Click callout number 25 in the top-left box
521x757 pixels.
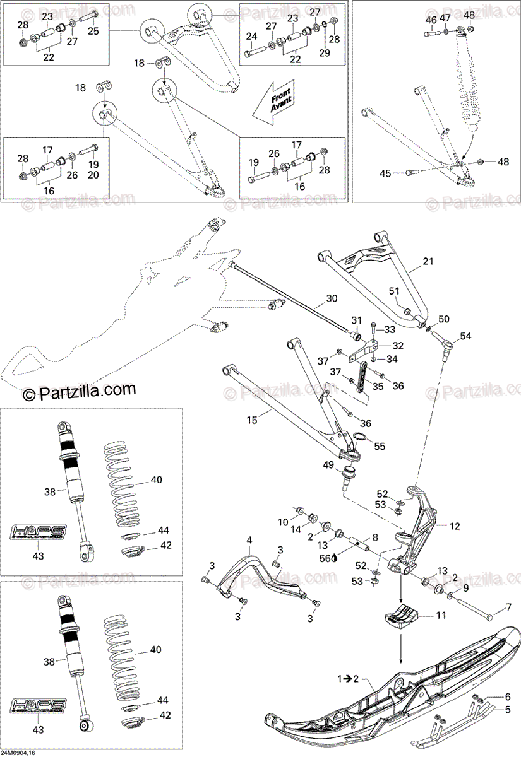pyautogui.click(x=93, y=30)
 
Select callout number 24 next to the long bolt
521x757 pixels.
pyautogui.click(x=251, y=37)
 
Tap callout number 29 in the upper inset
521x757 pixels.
pyautogui.click(x=325, y=53)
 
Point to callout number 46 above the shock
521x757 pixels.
pyautogui.click(x=431, y=20)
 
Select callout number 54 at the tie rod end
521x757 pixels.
pyautogui.click(x=465, y=336)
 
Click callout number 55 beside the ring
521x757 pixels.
pyautogui.click(x=379, y=445)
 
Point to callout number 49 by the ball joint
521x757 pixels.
pyautogui.click(x=329, y=466)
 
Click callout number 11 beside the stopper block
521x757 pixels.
pyautogui.click(x=440, y=614)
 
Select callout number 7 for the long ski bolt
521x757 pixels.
pyautogui.click(x=508, y=609)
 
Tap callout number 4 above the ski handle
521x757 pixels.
pyautogui.click(x=249, y=540)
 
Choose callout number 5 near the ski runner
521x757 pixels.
pyautogui.click(x=506, y=709)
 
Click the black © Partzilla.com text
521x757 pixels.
pyautogui.click(x=80, y=394)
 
